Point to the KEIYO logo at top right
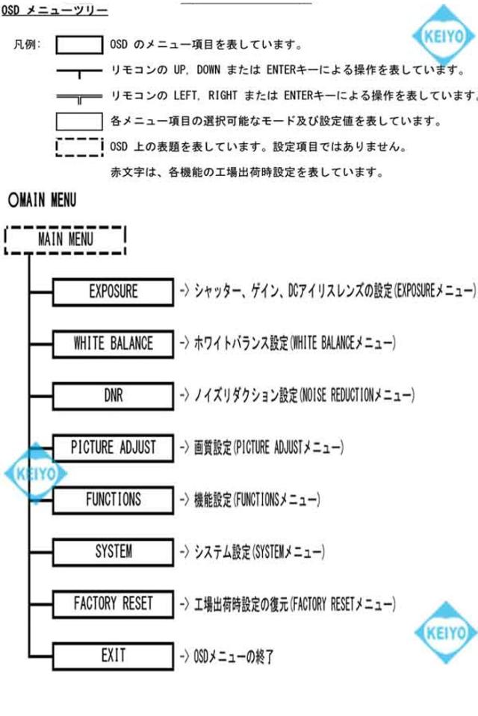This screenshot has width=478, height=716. (x=444, y=35)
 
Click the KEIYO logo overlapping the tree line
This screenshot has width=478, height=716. (x=36, y=473)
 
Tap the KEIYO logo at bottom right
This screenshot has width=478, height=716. (x=446, y=633)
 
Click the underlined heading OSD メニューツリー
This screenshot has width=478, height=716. (x=55, y=10)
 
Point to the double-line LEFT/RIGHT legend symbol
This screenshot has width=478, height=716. (x=79, y=98)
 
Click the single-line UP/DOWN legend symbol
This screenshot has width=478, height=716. (x=79, y=72)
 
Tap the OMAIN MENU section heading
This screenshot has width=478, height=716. (x=42, y=200)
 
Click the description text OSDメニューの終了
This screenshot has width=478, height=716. (x=233, y=656)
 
